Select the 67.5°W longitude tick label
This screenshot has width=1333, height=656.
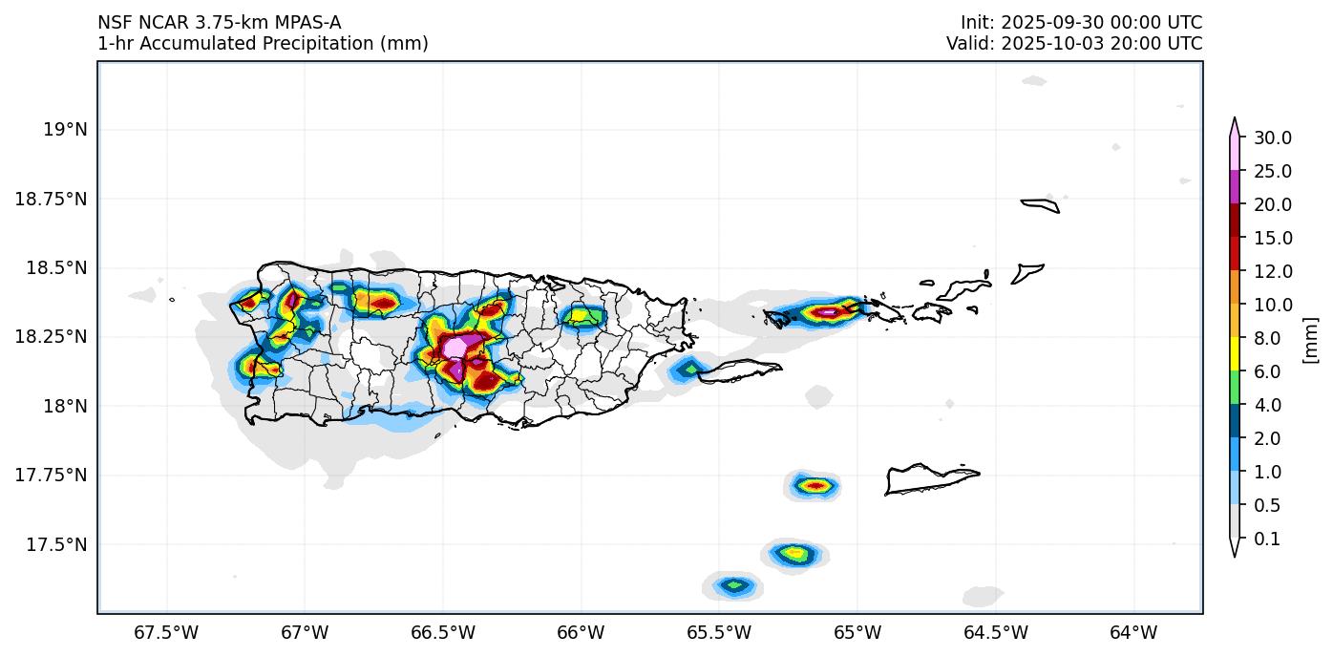[166, 632]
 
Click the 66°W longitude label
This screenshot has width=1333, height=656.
[581, 632]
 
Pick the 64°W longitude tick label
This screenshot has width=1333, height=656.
[1133, 632]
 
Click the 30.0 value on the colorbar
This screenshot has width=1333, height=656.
[1273, 138]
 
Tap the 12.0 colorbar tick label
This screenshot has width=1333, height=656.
[1273, 272]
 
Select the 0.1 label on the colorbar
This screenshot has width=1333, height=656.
[1266, 540]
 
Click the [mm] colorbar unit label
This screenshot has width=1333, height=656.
[1310, 340]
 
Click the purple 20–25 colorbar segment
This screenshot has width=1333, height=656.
[1234, 188]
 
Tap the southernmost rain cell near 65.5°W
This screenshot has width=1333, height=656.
[733, 584]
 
